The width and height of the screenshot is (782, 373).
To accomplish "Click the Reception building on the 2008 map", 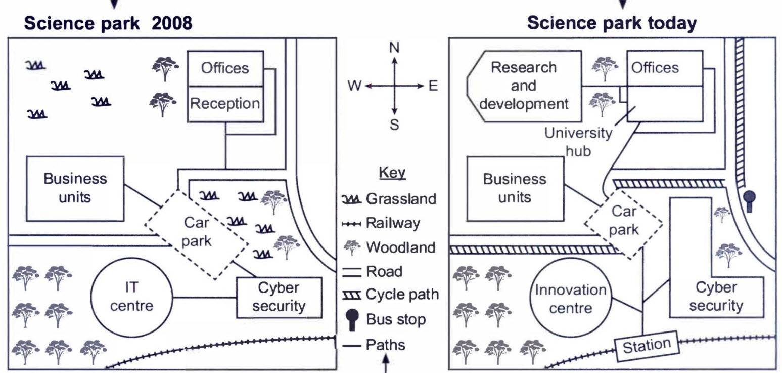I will pyautogui.click(x=225, y=104).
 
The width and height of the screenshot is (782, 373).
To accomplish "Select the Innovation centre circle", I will pyautogui.click(x=570, y=299).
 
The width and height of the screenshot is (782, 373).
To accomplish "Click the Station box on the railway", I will pyautogui.click(x=646, y=346).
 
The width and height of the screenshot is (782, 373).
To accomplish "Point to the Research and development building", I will pyautogui.click(x=524, y=86).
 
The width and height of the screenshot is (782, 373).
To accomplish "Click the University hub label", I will pyautogui.click(x=578, y=142).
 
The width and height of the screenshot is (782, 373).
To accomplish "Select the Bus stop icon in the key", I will pyautogui.click(x=352, y=320).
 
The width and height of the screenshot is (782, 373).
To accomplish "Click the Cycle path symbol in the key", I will pyautogui.click(x=352, y=295).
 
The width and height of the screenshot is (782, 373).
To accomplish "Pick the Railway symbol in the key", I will pyautogui.click(x=352, y=223).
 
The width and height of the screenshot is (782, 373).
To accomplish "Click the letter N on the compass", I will pyautogui.click(x=394, y=48).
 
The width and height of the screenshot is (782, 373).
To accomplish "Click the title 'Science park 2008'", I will pyautogui.click(x=108, y=23).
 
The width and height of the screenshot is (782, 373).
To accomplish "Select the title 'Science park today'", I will pyautogui.click(x=612, y=23).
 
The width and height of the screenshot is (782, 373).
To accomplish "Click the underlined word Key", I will pyautogui.click(x=392, y=173).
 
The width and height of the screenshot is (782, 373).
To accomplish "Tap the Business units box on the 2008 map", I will pyautogui.click(x=75, y=188).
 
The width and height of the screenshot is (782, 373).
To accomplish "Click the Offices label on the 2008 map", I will pyautogui.click(x=225, y=68).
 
